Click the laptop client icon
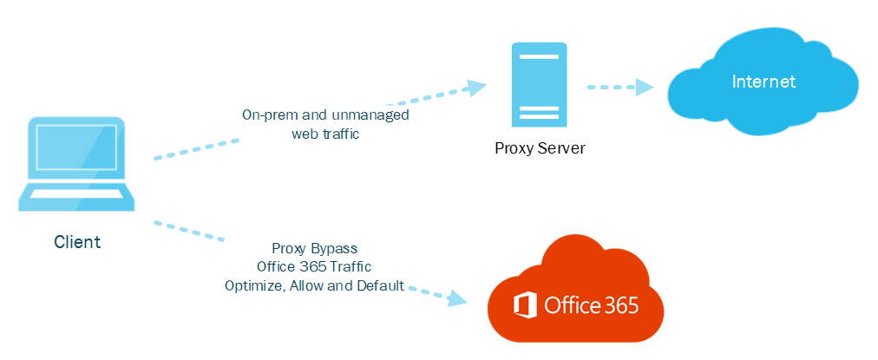point(78,165)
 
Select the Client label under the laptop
point(77,242)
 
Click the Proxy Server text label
point(540,148)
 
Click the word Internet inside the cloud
point(763,82)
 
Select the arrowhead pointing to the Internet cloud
point(644,86)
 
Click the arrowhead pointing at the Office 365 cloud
point(456,298)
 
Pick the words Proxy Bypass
point(314,248)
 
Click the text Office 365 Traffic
point(314,266)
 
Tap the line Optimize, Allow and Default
point(314,285)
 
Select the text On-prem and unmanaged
point(325,115)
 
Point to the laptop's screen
point(78,153)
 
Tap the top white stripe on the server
point(540,57)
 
